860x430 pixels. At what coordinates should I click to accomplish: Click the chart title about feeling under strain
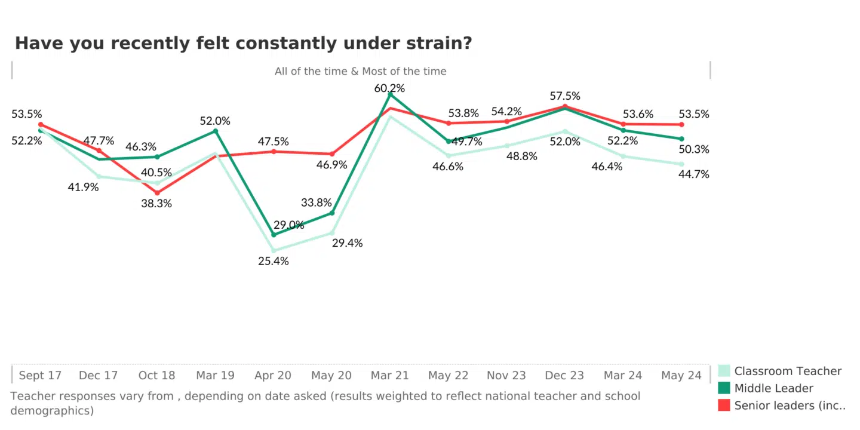point(243,44)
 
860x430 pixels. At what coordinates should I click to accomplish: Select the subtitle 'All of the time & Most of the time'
point(360,71)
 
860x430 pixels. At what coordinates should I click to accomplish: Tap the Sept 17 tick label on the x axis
point(40,376)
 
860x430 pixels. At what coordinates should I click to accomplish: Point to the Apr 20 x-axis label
point(273,376)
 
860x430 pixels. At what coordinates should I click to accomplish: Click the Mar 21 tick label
point(389,376)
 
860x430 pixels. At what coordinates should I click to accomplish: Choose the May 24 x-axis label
point(681,376)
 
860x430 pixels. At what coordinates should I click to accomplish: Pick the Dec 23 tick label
point(564,376)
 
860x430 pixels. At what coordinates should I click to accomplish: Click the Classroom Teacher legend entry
point(787,371)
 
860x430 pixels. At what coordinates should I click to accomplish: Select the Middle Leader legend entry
point(773,388)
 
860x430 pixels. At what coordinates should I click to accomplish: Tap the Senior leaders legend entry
point(790,406)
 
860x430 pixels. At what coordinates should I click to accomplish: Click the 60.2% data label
point(389,88)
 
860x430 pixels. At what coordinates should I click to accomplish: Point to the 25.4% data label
point(274,261)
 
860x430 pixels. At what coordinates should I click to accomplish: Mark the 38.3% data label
point(156,203)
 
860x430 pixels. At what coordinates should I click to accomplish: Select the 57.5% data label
point(565,96)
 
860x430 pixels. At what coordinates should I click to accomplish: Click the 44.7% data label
point(694,174)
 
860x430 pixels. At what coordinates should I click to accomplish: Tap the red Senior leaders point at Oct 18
point(157,193)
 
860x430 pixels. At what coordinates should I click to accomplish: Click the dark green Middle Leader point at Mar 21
point(390,94)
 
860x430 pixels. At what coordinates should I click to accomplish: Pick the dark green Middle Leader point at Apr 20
point(274,235)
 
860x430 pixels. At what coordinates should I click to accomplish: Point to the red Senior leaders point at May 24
point(681,125)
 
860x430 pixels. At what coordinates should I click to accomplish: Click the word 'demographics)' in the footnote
point(52,411)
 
